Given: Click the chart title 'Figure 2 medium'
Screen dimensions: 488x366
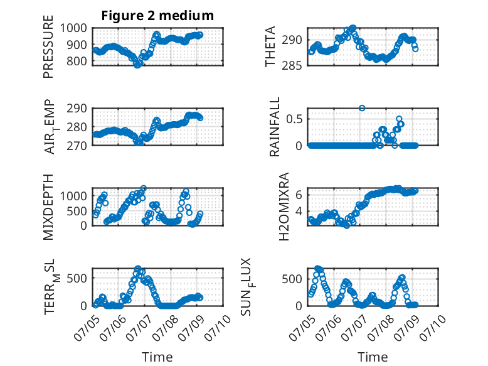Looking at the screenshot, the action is (157, 15).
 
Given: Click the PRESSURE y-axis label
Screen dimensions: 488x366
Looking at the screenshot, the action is (48, 46).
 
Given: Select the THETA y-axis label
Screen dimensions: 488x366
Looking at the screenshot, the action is (270, 46).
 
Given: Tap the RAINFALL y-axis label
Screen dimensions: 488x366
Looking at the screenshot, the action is (275, 127).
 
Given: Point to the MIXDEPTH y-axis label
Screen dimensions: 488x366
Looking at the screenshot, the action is (48, 207).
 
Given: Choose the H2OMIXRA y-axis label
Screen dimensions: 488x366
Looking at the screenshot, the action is (284, 207).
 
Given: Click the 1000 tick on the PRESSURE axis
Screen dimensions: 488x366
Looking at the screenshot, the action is (73, 28).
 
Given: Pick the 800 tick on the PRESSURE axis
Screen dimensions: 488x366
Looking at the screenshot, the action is (77, 62).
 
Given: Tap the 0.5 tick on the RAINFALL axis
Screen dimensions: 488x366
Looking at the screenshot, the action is (294, 119).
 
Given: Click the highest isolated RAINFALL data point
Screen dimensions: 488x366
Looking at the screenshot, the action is (362, 108).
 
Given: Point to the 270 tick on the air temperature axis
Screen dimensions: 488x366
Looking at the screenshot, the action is (77, 146).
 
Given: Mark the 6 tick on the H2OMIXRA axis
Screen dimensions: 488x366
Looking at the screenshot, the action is (299, 195).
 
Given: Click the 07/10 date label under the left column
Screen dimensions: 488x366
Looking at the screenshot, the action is (218, 328).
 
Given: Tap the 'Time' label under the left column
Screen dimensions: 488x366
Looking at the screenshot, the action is (157, 357).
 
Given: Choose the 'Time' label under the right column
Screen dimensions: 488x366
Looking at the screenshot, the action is (373, 357).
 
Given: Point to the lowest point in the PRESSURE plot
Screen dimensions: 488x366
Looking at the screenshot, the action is (137, 65).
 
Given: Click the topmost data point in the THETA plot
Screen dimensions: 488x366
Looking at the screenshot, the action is (353, 28).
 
